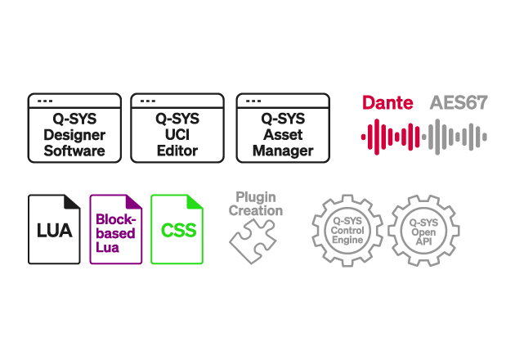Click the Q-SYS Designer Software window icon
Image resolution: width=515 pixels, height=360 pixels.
pyautogui.click(x=74, y=127)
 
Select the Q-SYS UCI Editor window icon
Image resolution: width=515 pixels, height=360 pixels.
pyautogui.click(x=178, y=127)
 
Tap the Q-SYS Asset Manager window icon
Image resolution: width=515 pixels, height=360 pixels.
pyautogui.click(x=282, y=127)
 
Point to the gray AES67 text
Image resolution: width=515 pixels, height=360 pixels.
pyautogui.click(x=459, y=104)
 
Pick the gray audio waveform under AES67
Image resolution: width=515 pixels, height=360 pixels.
pyautogui.click(x=459, y=134)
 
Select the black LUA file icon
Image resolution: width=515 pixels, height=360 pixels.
pyautogui.click(x=55, y=229)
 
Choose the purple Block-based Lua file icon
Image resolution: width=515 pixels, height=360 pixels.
pyautogui.click(x=115, y=229)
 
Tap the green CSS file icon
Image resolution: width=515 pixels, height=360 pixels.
pyautogui.click(x=177, y=229)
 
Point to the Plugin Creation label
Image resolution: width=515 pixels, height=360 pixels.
pyautogui.click(x=255, y=204)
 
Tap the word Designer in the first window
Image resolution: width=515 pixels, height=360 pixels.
pyautogui.click(x=74, y=135)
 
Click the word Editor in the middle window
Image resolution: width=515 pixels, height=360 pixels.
pyautogui.click(x=178, y=151)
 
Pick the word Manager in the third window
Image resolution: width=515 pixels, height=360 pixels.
pyautogui.click(x=282, y=151)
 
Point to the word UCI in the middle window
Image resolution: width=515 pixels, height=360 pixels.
pyautogui.click(x=178, y=135)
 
